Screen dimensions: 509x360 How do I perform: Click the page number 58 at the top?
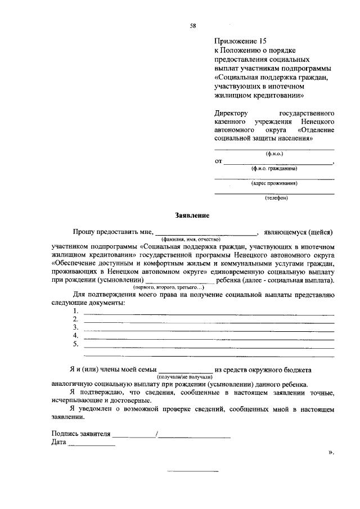click(192, 25)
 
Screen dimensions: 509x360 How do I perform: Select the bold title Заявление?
click(192, 215)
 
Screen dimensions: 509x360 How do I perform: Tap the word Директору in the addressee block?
click(231, 113)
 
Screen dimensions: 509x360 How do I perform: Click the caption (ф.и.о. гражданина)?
click(274, 169)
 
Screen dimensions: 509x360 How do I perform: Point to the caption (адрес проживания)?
click(274, 183)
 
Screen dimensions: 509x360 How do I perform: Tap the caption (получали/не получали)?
click(181, 376)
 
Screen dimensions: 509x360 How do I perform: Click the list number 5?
click(75, 344)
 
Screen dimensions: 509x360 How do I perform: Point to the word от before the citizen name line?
click(218, 161)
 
